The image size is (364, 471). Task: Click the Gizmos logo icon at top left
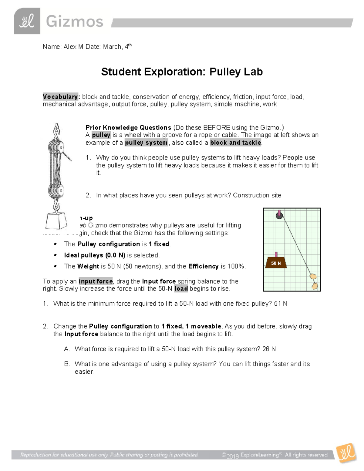coord(27,21)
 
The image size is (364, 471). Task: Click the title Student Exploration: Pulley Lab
coord(182,72)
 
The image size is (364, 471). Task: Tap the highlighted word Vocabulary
coord(61,97)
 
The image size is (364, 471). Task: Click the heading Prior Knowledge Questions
coord(128,128)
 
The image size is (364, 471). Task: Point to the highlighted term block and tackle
coord(235,143)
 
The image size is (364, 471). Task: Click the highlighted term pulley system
coord(146,143)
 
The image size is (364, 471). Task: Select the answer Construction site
coord(257,195)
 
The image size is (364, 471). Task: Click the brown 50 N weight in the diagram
coord(276,263)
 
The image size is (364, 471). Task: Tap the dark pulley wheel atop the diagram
coord(279,215)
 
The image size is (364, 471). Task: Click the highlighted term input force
coord(96,281)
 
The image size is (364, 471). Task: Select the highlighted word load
coord(181,289)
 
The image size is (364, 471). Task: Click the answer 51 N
coord(281,304)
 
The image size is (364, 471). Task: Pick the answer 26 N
coord(269,349)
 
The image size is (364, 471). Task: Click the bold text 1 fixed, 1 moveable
coord(191,326)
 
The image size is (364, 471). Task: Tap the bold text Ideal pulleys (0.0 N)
coord(95,255)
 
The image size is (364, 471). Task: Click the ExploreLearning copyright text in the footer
coord(275,455)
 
